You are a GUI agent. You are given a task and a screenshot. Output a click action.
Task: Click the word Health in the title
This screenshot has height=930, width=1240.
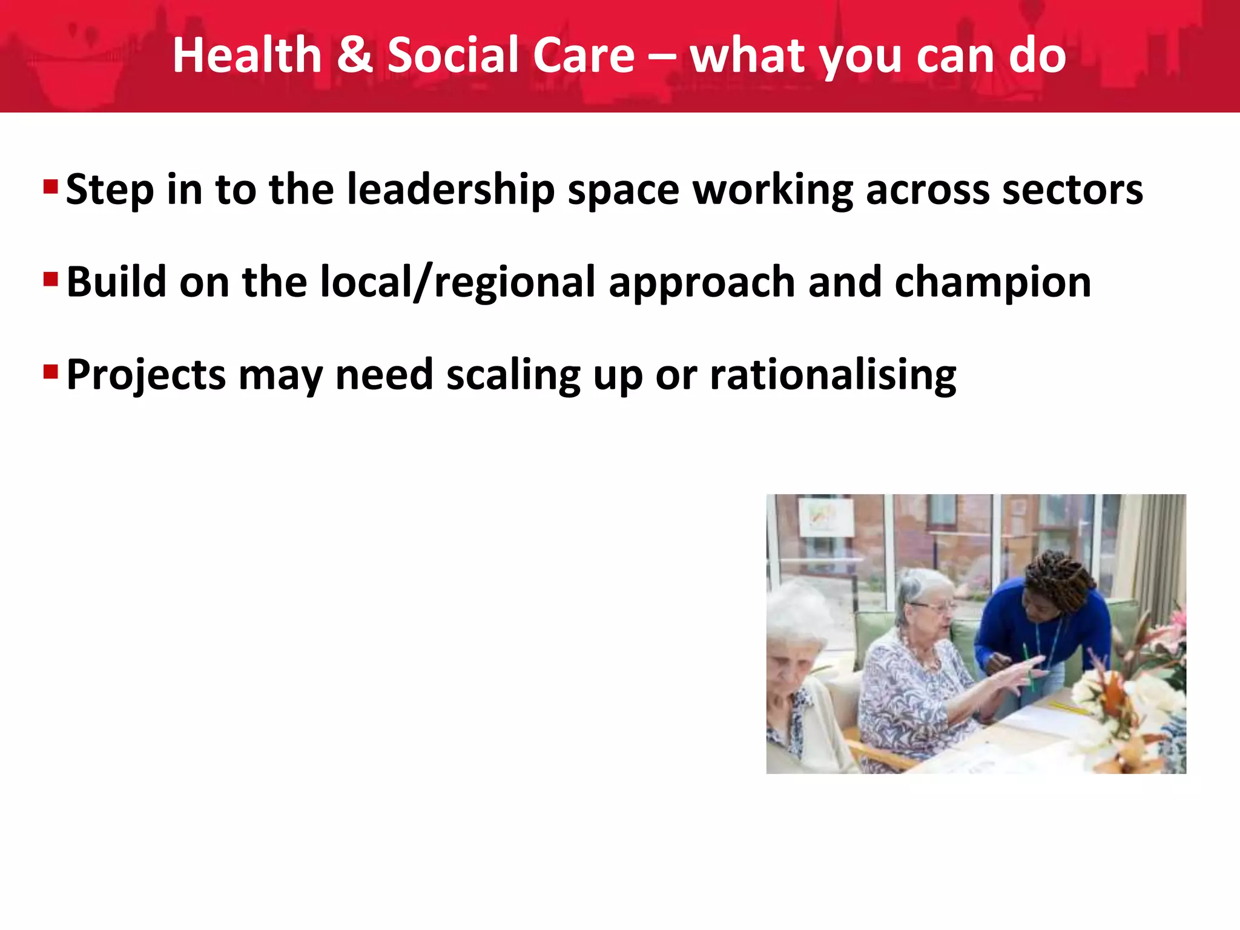[246, 56]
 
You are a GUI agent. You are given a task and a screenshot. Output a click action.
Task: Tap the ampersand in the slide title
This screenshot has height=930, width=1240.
[354, 56]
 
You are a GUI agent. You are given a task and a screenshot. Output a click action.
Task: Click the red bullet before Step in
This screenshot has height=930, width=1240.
[50, 186]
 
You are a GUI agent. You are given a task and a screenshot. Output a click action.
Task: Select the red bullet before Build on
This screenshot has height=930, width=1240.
[50, 279]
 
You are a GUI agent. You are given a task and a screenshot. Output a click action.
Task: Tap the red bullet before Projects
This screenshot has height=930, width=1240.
[50, 371]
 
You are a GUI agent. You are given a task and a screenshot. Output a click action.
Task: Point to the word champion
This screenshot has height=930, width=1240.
[993, 283]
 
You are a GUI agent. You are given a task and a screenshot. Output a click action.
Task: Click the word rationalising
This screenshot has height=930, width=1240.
[833, 375]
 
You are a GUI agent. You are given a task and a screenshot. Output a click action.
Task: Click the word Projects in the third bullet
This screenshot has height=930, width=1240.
[146, 375]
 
